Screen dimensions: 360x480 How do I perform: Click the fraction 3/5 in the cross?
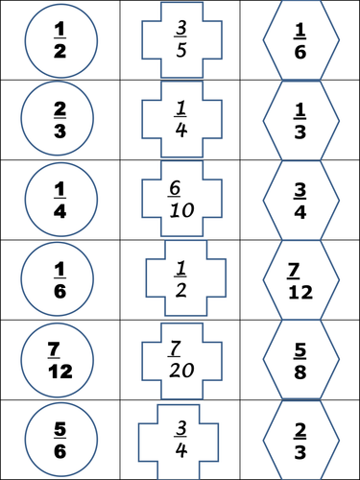[181, 39]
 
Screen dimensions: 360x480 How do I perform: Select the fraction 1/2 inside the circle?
[60, 40]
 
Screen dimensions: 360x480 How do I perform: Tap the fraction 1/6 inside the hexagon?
[300, 41]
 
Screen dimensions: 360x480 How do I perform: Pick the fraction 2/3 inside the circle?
[60, 120]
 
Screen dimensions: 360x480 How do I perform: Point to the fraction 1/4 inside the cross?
[181, 119]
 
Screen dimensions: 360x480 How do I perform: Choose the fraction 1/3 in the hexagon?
[300, 121]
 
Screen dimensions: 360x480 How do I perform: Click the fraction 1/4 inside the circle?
[60, 201]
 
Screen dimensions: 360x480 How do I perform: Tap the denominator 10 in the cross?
[181, 210]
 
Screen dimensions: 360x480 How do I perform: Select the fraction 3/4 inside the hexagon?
[300, 201]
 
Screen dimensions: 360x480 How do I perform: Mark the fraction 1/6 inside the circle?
[60, 280]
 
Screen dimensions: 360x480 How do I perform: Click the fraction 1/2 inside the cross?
[181, 279]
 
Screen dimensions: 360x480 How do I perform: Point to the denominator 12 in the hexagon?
[300, 292]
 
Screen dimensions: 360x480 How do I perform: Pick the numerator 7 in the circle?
[54, 348]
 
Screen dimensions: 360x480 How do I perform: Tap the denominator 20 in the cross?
[181, 371]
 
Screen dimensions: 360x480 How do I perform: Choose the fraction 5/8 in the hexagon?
[300, 361]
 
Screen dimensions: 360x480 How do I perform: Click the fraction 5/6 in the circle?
[60, 441]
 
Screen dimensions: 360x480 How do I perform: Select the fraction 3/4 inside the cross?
[181, 439]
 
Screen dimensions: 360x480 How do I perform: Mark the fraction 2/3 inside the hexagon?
[300, 441]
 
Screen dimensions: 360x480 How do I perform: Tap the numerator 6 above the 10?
[175, 188]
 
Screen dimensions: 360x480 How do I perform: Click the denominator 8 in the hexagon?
[300, 372]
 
